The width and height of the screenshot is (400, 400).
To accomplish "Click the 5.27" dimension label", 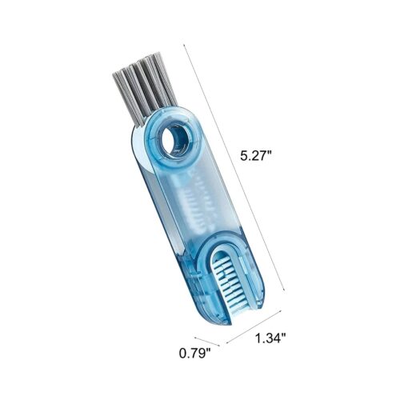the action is point(256,156).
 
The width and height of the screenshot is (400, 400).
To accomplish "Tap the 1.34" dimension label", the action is point(270,338).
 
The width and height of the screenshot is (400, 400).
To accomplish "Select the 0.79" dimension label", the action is point(194,354).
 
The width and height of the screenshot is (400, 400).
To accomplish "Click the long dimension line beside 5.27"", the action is point(235,168).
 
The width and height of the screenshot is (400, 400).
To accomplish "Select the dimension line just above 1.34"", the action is point(254,326).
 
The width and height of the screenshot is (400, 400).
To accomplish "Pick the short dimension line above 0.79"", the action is point(207,342).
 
